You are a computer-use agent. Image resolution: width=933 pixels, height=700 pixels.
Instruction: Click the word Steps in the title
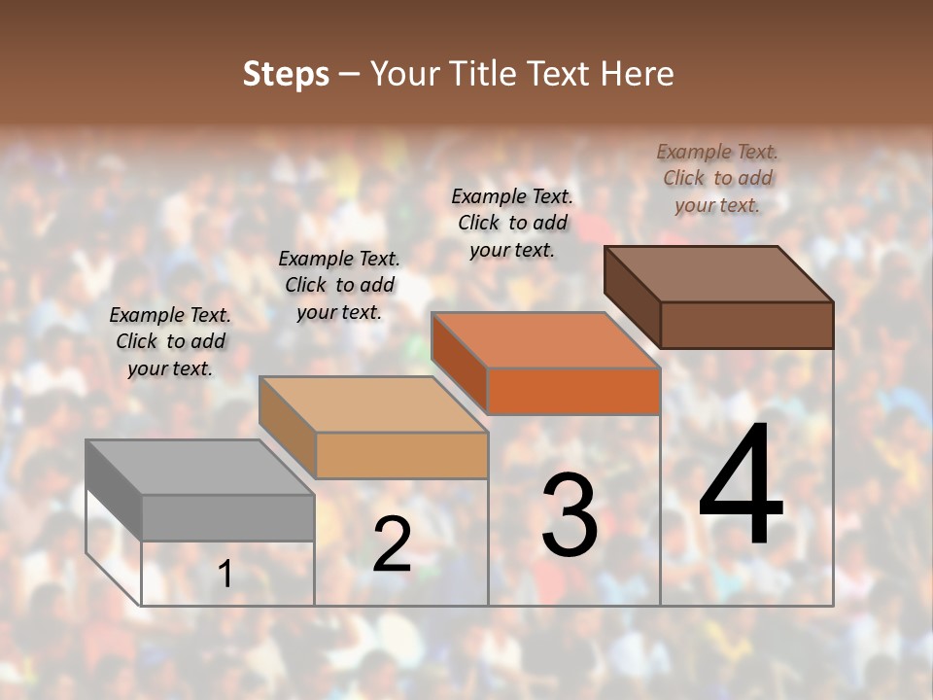point(286,74)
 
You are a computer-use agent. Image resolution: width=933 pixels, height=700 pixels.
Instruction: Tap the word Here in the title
point(637,74)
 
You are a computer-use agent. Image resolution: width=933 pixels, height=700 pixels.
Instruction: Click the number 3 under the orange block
point(570,514)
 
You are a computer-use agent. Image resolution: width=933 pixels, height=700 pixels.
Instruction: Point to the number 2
point(392,544)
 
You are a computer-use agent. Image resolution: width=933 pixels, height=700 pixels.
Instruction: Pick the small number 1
point(225,574)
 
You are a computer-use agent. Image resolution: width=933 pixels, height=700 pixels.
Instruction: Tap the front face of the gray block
point(228,517)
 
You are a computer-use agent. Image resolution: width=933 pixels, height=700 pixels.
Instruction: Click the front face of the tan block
point(401,455)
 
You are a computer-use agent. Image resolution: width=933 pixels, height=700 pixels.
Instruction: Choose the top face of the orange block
point(545,340)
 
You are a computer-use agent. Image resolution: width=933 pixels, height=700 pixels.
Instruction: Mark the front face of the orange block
point(574,391)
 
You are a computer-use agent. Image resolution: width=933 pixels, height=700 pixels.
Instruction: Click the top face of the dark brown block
point(718,274)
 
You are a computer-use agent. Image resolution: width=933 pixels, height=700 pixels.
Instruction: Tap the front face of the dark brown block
point(747,325)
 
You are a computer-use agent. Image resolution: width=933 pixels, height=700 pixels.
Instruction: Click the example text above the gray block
point(170,341)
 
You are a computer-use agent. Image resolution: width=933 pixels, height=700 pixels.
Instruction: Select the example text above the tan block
point(339,285)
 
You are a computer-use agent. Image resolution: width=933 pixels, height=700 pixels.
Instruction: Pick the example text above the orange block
point(512,223)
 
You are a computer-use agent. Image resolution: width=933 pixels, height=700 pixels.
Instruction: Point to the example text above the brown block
point(717,178)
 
